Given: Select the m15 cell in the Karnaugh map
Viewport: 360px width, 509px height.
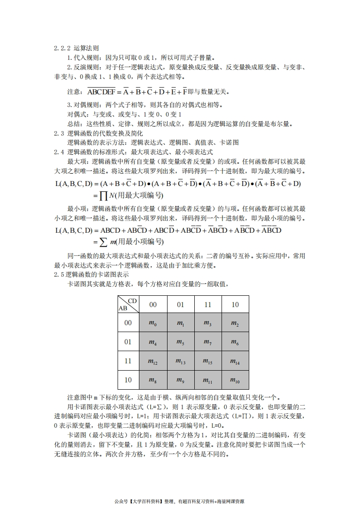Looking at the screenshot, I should [x=207, y=361].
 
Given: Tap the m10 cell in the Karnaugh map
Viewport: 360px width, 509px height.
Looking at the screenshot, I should [x=235, y=380].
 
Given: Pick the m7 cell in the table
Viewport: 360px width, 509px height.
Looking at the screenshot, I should [x=207, y=342].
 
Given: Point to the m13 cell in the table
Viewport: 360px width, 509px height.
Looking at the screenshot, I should [x=180, y=361].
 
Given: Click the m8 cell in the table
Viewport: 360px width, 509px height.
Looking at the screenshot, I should [x=153, y=380].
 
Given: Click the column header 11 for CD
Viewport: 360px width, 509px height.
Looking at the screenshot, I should [x=207, y=305].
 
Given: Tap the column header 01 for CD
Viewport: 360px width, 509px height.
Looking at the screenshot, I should [x=180, y=305].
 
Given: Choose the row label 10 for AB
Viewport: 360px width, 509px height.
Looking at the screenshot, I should [x=128, y=380].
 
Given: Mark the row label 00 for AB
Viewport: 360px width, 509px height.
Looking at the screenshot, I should [x=128, y=323].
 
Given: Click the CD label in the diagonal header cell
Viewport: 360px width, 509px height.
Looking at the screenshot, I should [x=132, y=301].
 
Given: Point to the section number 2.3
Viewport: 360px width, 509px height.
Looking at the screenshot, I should [x=59, y=133].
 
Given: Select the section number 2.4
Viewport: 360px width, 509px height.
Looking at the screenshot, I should [x=59, y=152].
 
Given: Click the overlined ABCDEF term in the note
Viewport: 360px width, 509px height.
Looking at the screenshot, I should [x=102, y=92].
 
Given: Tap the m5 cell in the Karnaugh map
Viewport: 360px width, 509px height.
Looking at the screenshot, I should [x=180, y=342].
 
